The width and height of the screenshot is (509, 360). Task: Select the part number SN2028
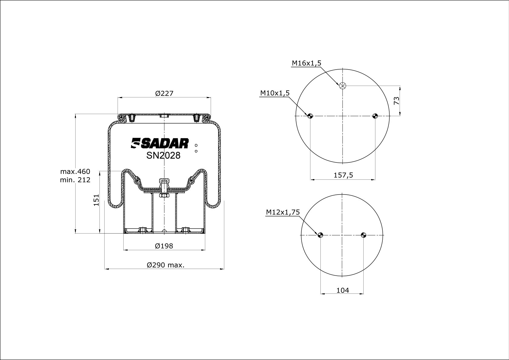point(163,155)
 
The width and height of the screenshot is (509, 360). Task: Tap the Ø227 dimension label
point(164,93)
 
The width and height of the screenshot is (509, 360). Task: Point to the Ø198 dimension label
point(164,246)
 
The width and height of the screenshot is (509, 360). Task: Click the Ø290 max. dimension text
point(166,265)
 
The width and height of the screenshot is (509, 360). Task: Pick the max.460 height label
point(75,172)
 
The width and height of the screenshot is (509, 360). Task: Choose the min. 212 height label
point(75,180)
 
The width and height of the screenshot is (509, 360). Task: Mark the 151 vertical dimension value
point(96,200)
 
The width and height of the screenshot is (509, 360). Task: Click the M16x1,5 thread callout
point(306,63)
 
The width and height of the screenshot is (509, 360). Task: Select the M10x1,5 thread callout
point(275,93)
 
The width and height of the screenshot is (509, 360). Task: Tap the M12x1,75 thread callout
point(283,212)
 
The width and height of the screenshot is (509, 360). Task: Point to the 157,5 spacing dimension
point(343,175)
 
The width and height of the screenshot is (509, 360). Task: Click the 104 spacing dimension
point(342,290)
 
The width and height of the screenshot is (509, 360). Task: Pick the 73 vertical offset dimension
point(397,101)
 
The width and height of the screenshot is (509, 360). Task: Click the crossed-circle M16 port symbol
point(342,86)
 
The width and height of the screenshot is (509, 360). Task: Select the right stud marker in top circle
point(375,116)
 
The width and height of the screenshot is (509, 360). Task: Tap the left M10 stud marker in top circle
point(310,116)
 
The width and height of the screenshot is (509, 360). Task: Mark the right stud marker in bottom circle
point(363,235)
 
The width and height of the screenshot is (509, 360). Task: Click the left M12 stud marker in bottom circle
point(320,235)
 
